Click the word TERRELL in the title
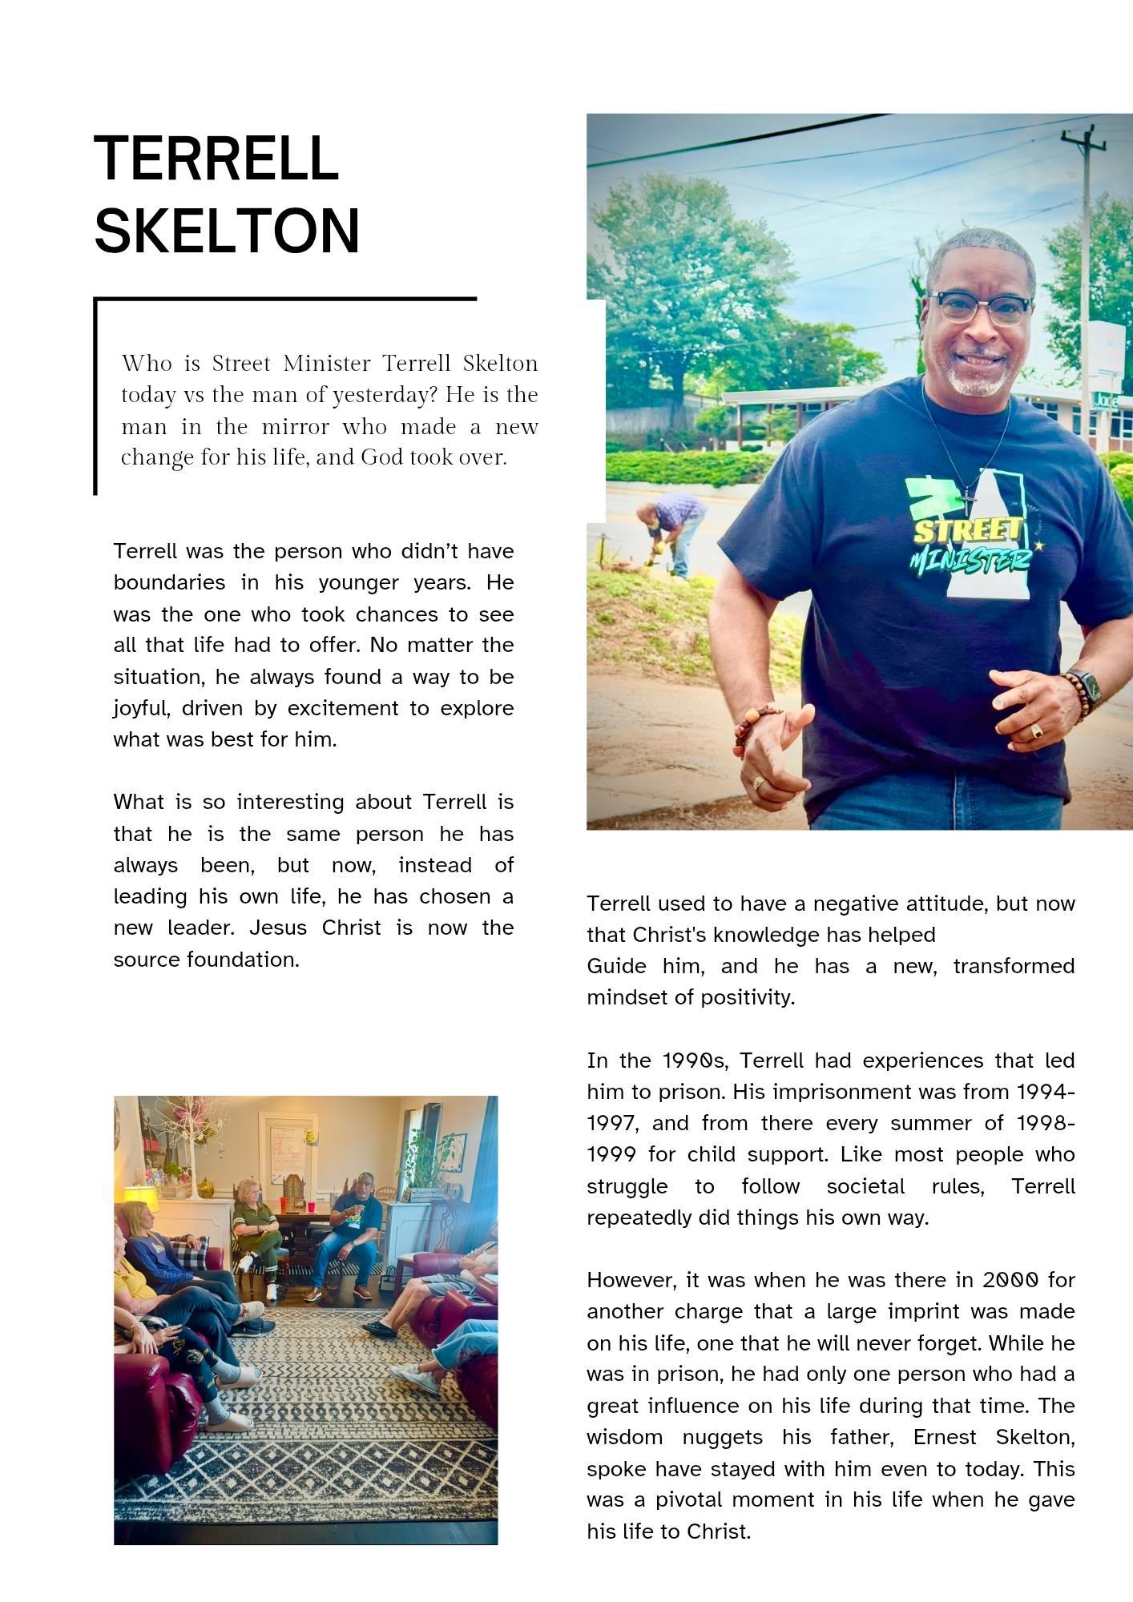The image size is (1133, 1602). pyautogui.click(x=216, y=159)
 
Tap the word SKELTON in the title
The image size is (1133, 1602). pyautogui.click(x=228, y=231)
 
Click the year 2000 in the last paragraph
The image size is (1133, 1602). pyautogui.click(x=1010, y=1280)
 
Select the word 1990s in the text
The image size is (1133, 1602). pyautogui.click(x=695, y=1061)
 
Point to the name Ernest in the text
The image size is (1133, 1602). pyautogui.click(x=946, y=1437)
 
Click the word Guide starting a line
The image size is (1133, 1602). pyautogui.click(x=616, y=966)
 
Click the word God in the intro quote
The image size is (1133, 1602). pyautogui.click(x=381, y=457)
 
